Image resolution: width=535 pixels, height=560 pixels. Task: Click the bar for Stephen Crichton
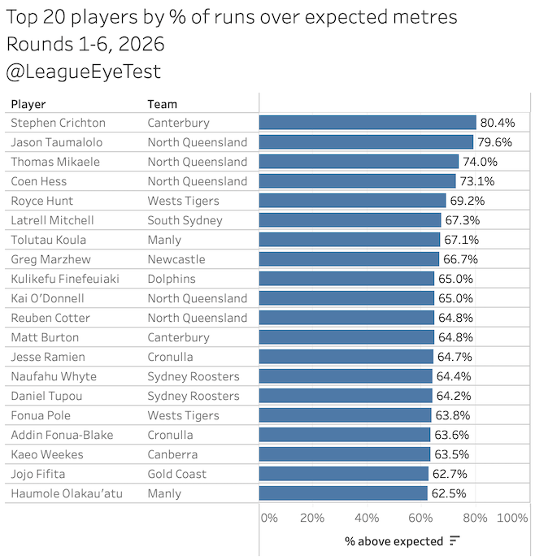tap(368, 123)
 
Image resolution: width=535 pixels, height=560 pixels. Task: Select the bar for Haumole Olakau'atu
tap(343, 493)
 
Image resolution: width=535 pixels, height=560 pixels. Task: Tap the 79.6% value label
tap(495, 142)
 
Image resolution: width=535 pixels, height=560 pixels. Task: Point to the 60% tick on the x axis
tap(420, 518)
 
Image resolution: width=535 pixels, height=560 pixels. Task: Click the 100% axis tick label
tap(512, 518)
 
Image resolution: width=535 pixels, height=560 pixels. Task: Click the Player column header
tap(28, 104)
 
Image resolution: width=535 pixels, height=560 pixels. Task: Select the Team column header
tap(162, 104)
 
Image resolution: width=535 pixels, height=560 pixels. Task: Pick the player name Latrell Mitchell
tap(52, 220)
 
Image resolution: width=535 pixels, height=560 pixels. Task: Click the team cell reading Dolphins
tap(172, 279)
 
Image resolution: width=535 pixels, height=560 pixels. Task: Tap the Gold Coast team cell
tap(176, 474)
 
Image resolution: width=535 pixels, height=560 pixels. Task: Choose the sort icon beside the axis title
tap(455, 541)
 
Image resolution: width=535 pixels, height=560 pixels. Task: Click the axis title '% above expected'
tap(394, 541)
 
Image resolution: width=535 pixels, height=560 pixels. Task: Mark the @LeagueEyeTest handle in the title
tap(83, 72)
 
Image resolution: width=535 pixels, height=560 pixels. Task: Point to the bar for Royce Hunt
tap(352, 201)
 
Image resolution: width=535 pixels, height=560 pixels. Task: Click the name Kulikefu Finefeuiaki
tap(65, 279)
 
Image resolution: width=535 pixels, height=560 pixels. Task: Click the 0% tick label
tap(269, 518)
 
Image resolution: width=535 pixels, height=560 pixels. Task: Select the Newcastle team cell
tap(176, 259)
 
